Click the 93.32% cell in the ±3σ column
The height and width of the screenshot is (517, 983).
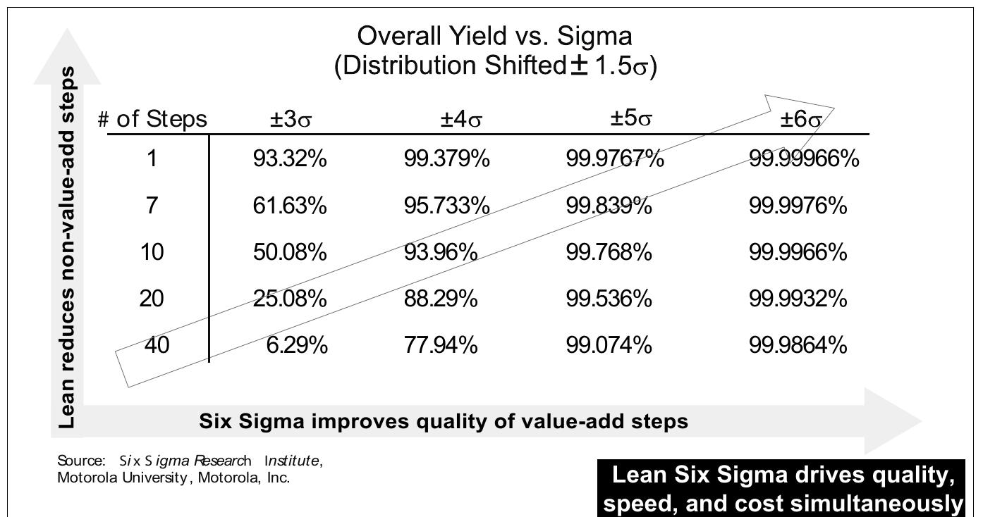pos(290,159)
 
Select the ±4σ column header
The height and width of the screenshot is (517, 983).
pos(461,120)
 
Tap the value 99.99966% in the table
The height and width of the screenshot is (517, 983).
pos(804,159)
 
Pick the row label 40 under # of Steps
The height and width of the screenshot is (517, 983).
pos(157,345)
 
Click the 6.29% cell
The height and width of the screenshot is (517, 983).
pos(296,345)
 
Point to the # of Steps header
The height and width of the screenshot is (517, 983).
pos(152,119)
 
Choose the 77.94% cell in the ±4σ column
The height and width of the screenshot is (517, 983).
pos(441,345)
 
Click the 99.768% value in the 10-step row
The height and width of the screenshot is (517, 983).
pos(609,252)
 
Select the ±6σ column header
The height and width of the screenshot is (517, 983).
pos(800,120)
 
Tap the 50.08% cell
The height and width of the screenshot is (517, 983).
pos(290,252)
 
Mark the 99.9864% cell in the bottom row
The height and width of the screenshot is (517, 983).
pos(798,345)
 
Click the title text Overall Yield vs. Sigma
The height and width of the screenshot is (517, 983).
pos(494,36)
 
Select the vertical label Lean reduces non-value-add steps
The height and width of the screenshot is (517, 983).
pos(67,247)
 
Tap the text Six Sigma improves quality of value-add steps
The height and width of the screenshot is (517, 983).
pos(444,421)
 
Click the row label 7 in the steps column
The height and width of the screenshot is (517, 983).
pos(151,206)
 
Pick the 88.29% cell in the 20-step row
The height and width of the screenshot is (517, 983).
pos(441,299)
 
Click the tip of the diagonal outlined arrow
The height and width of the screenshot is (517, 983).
pos(833,108)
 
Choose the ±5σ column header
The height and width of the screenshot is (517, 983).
pos(631,118)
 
